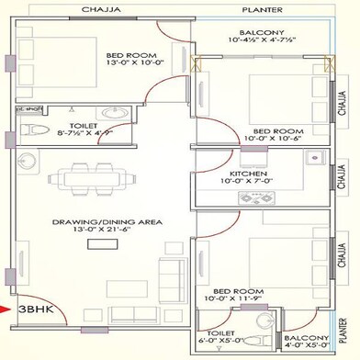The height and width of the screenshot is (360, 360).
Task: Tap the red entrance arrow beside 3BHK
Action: click(x=9, y=309)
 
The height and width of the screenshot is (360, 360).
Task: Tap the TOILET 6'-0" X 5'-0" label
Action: click(x=227, y=339)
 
